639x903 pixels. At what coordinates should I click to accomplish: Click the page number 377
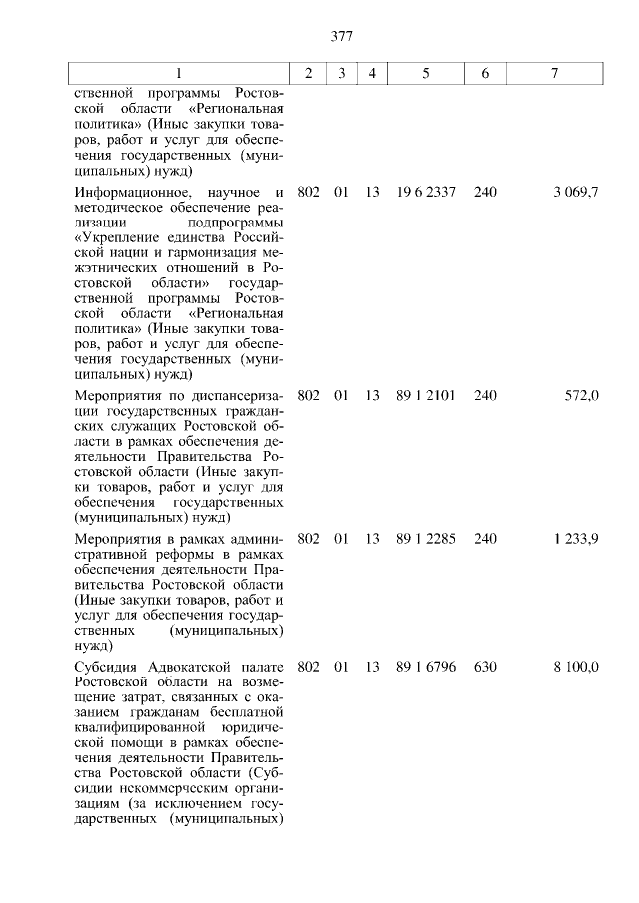(x=342, y=37)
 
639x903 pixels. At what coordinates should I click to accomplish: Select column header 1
(x=179, y=74)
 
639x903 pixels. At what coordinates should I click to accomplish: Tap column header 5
(x=425, y=74)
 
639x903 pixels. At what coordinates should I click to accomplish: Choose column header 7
(x=554, y=74)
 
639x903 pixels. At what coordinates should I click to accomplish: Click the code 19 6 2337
(x=425, y=192)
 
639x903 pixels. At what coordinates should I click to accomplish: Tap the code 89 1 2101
(x=425, y=395)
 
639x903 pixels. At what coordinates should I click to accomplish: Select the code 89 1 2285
(x=425, y=539)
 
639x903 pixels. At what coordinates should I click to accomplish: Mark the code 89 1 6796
(x=425, y=667)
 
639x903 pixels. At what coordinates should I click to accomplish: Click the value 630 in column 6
(x=485, y=667)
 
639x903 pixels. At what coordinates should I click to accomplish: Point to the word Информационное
(x=131, y=192)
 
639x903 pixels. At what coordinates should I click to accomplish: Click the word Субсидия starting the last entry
(x=107, y=667)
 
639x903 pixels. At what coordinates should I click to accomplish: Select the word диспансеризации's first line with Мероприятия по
(x=237, y=395)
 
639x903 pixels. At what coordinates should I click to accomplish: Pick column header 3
(x=341, y=74)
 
